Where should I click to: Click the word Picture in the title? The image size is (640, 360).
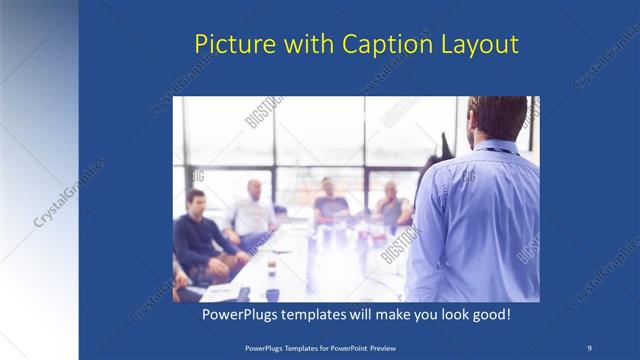pos(227,45)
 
